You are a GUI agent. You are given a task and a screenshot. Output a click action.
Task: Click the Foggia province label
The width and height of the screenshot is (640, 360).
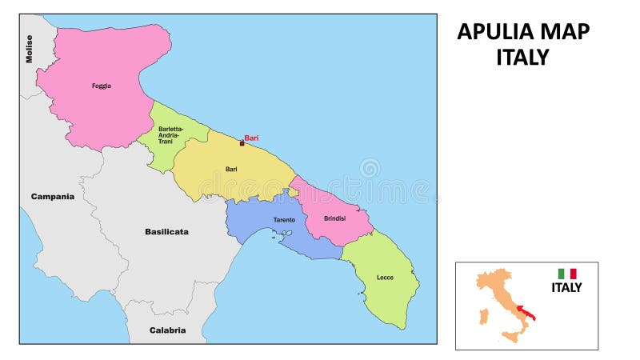[102, 86]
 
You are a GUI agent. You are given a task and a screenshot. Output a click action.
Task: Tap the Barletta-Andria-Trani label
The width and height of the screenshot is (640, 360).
[170, 135]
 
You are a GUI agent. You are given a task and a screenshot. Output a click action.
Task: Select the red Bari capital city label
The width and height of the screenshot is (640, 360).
[251, 138]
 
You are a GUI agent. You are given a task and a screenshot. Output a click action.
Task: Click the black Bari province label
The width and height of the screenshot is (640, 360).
[231, 169]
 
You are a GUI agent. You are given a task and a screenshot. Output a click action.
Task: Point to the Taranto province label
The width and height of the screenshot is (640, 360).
[284, 219]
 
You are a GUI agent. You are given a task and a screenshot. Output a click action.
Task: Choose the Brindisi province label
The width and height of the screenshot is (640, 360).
[334, 218]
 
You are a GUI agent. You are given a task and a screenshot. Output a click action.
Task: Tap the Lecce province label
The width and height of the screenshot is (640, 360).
[385, 278]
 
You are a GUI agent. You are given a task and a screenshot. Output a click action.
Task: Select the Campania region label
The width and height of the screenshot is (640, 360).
[53, 196]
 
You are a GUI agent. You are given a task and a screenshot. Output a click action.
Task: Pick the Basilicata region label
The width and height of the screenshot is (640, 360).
[166, 232]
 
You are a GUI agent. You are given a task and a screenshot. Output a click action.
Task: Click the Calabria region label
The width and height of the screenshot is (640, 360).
[168, 330]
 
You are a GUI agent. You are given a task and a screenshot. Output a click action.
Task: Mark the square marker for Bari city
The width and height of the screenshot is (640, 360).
[242, 143]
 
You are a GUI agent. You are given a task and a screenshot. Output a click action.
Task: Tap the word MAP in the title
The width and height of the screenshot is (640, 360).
[567, 32]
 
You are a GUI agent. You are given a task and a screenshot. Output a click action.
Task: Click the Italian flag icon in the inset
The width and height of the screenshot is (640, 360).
[566, 274]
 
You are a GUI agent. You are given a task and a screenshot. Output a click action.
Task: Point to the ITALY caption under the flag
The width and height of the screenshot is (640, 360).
[566, 288]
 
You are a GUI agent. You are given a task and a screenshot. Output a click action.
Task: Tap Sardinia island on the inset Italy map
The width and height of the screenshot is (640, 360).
[482, 314]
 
